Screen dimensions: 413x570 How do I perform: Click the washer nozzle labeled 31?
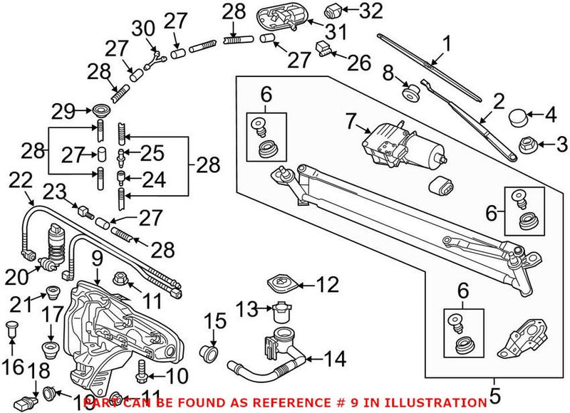281,16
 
